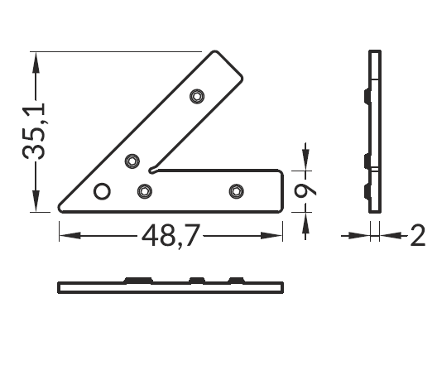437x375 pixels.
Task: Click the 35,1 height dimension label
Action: coord(33,131)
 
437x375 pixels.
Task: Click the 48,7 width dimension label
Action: coord(170,236)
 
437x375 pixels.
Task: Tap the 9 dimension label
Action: coord(305,191)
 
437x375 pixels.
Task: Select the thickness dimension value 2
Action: coord(418,236)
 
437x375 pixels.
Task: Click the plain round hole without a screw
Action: coord(102,191)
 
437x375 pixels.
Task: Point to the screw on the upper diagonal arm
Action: coord(197,97)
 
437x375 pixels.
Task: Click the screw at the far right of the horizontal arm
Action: coord(237,191)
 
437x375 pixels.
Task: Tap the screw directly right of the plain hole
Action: coord(145,191)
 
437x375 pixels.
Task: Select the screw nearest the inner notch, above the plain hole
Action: coord(132,161)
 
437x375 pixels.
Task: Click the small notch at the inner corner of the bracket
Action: coord(152,170)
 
